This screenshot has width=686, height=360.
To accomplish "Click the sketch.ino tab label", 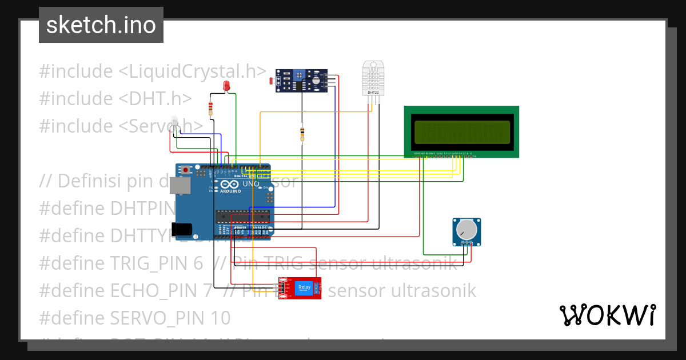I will coord(101,25).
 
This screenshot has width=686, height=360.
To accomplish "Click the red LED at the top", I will coord(226,86).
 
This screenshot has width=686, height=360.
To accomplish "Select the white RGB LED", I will coord(174,122).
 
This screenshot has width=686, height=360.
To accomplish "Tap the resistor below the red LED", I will coord(211,108).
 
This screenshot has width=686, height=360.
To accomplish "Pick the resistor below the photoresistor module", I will coord(302,134).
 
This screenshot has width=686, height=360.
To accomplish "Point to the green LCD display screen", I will coord(461,132).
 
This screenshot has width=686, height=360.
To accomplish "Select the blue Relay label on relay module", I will coord(304,287).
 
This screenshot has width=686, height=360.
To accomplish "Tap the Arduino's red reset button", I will coord(186,170).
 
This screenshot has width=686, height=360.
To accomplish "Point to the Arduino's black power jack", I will coord(184,230).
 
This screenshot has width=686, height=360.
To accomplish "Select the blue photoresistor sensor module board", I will coord(301,81).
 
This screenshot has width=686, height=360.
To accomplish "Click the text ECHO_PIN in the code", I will coord(160,290).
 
